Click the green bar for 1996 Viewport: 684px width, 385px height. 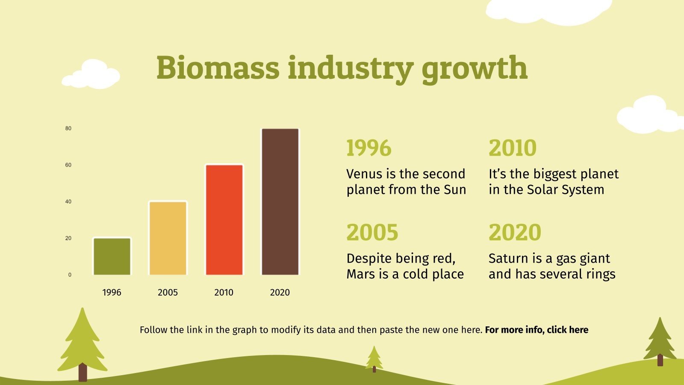[x=112, y=256]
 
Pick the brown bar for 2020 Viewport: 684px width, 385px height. [x=280, y=201]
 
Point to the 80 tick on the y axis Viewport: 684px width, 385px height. [x=68, y=128]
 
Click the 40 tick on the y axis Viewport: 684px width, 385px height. [x=68, y=201]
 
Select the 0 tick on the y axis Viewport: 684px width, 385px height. [x=70, y=275]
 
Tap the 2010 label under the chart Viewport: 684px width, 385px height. [x=224, y=293]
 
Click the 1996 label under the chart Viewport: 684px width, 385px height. [x=112, y=293]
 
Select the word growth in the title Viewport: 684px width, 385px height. [x=475, y=68]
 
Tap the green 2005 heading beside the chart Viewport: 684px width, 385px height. [x=372, y=232]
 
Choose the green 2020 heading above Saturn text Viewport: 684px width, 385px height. [x=515, y=232]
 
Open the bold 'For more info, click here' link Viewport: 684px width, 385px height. [x=537, y=330]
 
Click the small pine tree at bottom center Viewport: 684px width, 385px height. [x=374, y=358]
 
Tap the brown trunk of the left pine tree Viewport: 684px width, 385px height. [x=83, y=372]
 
